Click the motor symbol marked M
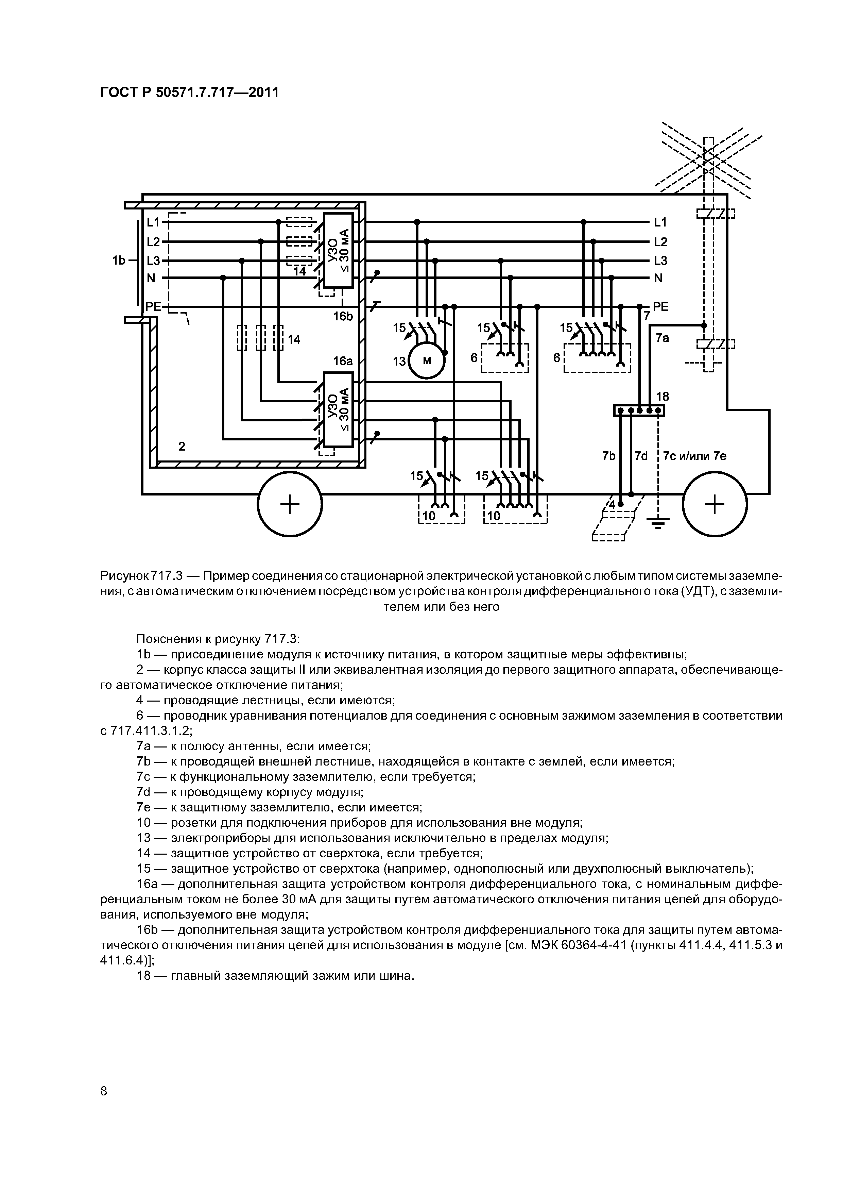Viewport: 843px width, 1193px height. coord(427,360)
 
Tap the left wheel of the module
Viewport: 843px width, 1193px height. coord(290,504)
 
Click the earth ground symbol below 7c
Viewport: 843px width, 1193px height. coord(658,521)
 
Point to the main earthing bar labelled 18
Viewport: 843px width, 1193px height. coord(639,410)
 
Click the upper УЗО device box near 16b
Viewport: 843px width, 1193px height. coord(338,250)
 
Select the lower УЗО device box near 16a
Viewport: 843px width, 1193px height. coord(338,409)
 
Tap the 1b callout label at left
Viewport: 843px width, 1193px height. coord(119,260)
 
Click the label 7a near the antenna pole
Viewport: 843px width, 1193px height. coord(662,338)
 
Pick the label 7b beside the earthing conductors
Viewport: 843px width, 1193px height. coord(609,456)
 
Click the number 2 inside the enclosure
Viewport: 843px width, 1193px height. coord(182,446)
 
